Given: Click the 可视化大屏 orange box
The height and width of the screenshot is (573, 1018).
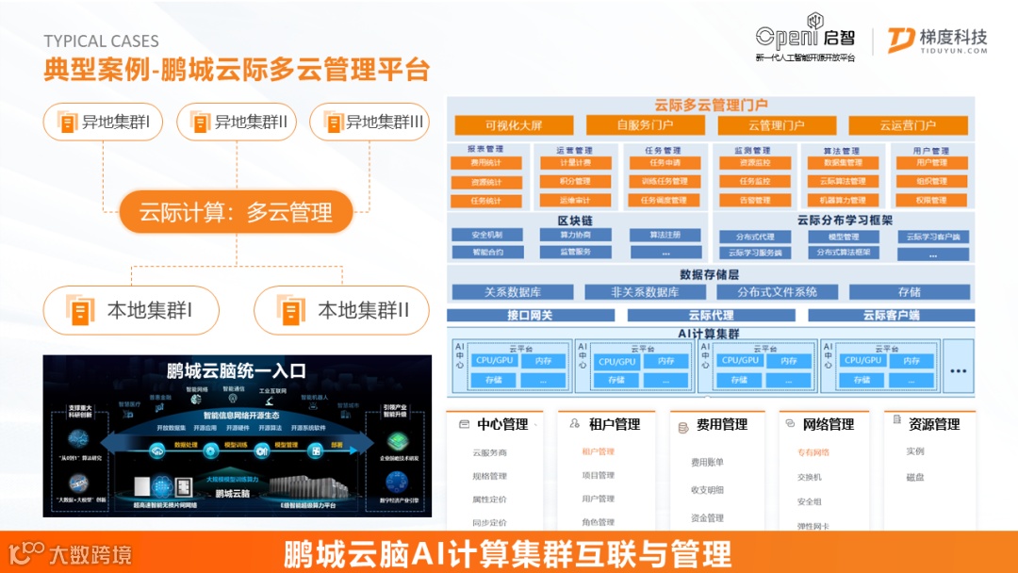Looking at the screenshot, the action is coord(514,125).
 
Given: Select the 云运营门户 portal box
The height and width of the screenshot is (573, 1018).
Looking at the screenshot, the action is coord(908,125).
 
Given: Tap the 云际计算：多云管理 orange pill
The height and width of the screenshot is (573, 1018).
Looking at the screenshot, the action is coord(236,213).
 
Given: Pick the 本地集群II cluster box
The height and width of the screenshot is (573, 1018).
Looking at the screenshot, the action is coord(342,310).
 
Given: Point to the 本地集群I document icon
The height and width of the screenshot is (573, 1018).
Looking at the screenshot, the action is coord(82,310).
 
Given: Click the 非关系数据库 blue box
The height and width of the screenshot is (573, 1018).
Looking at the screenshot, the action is coord(645,292).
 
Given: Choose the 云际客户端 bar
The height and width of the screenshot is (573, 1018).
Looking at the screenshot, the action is coord(891,316).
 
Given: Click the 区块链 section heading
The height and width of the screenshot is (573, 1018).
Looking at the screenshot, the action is coord(574,221).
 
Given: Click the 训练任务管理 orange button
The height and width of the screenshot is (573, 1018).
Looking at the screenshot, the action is coord(664,182).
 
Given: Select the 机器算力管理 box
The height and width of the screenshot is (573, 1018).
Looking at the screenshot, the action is coord(843,201).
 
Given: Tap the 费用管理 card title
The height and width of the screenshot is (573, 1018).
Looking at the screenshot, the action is coord(722,425).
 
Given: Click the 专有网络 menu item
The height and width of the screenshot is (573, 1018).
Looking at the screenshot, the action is coord(813,452).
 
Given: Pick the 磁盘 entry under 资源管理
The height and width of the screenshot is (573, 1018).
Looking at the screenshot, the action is coord(915,477).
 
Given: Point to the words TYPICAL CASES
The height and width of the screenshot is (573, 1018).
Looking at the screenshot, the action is coord(101,41).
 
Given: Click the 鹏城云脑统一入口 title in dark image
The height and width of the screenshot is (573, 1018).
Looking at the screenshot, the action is coord(236,371).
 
